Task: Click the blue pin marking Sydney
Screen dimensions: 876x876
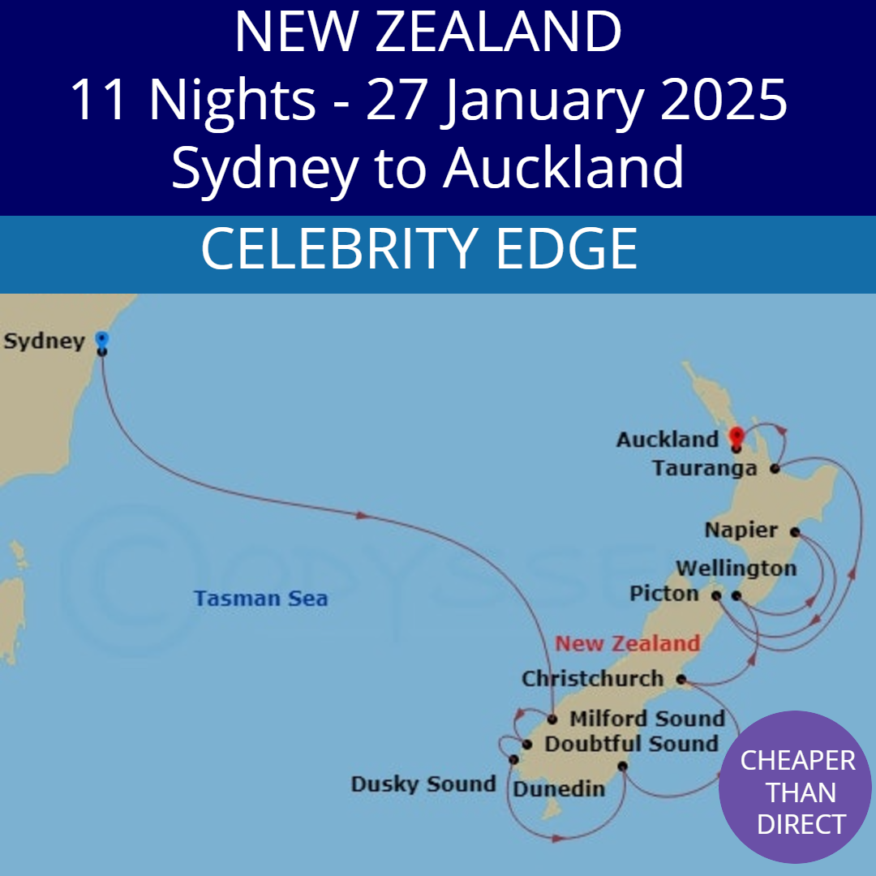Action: pyautogui.click(x=101, y=341)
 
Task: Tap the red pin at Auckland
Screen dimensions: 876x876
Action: pyautogui.click(x=736, y=436)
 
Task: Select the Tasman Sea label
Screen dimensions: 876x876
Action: pyautogui.click(x=260, y=599)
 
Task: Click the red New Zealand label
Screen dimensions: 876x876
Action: pyautogui.click(x=627, y=644)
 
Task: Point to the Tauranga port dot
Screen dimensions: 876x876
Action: pyautogui.click(x=775, y=469)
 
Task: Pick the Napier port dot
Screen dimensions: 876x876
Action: pyautogui.click(x=795, y=532)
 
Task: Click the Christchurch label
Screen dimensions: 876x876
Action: pyautogui.click(x=592, y=679)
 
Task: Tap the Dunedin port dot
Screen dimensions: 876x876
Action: pyautogui.click(x=622, y=766)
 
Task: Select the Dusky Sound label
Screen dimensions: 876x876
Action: pyautogui.click(x=423, y=784)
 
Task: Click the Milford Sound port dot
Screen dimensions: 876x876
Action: pyautogui.click(x=552, y=719)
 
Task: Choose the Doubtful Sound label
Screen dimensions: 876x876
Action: pyautogui.click(x=631, y=744)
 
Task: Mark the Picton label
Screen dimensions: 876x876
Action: pyautogui.click(x=663, y=595)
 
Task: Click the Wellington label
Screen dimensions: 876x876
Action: pyautogui.click(x=736, y=569)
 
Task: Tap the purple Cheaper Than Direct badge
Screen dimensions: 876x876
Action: pyautogui.click(x=796, y=792)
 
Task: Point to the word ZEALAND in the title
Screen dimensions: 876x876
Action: pyautogui.click(x=498, y=32)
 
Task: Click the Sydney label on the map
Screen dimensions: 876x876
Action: pyautogui.click(x=44, y=341)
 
